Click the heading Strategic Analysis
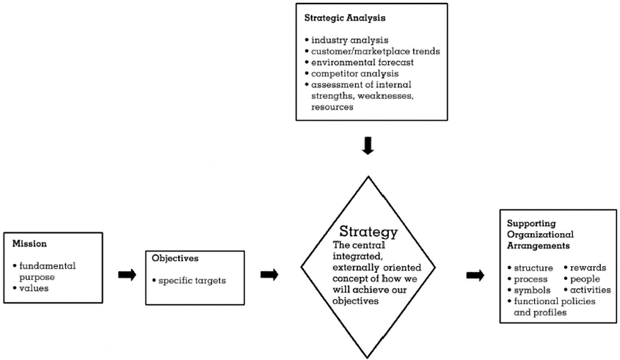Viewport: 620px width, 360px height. [341, 15]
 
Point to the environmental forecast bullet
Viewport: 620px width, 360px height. [356, 62]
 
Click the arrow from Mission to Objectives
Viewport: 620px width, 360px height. [127, 275]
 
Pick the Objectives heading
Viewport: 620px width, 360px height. [176, 258]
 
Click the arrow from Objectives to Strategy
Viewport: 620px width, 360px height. [269, 275]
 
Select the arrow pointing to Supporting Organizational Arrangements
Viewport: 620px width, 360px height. [475, 275]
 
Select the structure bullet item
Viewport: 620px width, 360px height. [533, 268]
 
